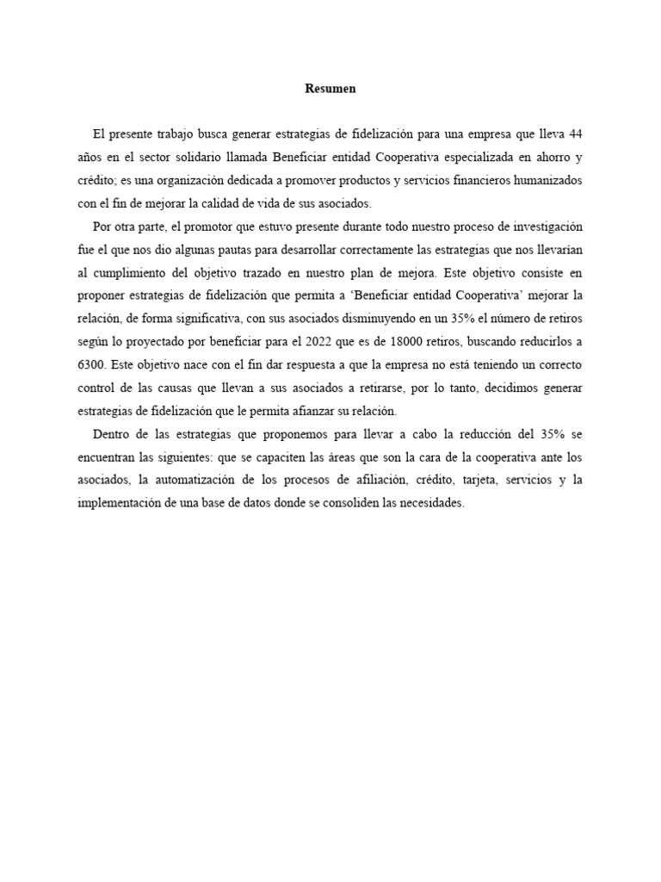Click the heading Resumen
(x=330, y=89)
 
